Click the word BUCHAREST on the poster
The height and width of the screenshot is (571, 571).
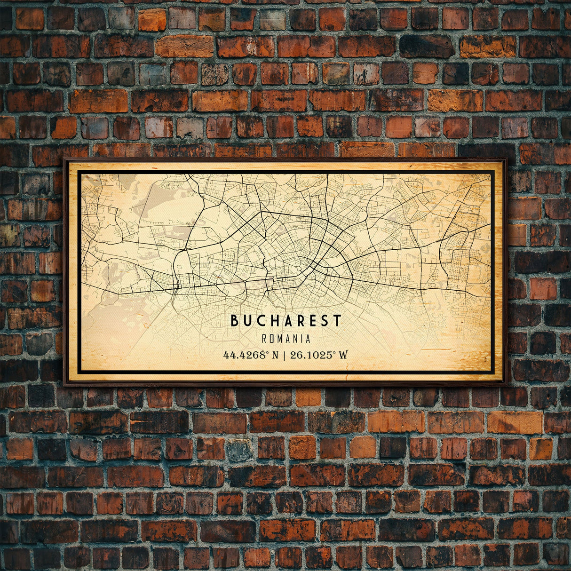click(286, 321)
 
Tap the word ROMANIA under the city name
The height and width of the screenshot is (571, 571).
click(286, 339)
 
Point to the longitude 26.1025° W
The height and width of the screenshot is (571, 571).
click(319, 355)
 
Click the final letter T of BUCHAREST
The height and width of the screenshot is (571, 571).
click(337, 321)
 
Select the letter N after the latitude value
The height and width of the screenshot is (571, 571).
click(276, 355)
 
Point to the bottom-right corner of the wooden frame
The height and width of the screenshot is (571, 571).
click(507, 384)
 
